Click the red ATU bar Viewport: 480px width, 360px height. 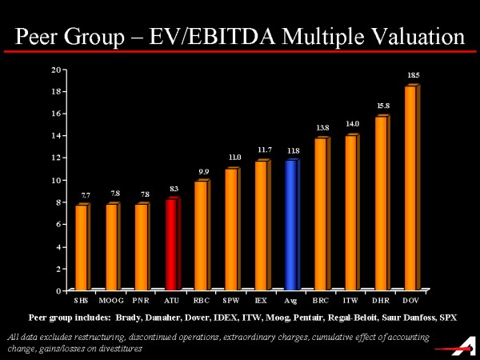(170, 244)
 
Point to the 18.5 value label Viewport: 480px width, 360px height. (414, 75)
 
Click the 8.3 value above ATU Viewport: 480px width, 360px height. (174, 189)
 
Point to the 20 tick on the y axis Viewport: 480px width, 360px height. (56, 69)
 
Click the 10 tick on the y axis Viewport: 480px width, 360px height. (56, 180)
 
